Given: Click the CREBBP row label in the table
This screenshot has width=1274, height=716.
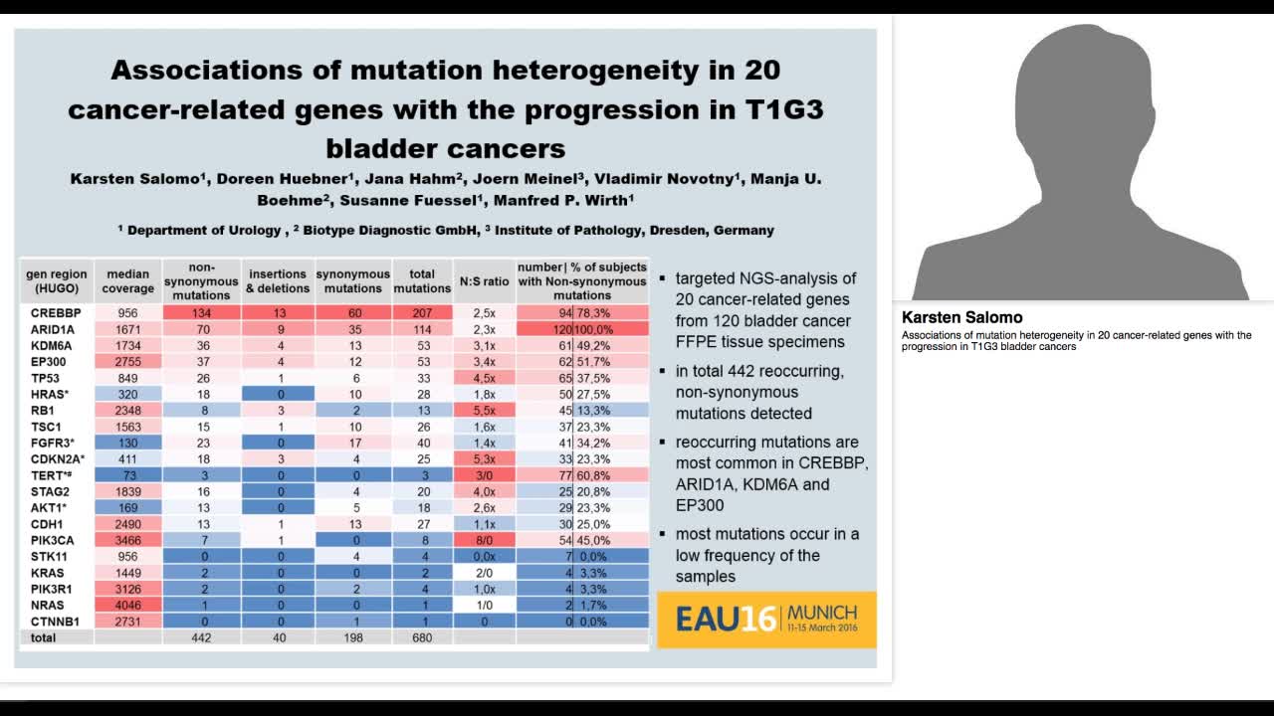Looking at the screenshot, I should [x=46, y=312].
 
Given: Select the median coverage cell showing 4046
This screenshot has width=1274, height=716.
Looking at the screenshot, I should [x=127, y=605].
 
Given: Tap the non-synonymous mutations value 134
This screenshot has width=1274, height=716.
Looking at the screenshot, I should [x=202, y=312].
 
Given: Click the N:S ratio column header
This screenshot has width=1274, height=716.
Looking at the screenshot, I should [x=484, y=281].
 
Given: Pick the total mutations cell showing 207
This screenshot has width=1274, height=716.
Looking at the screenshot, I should [x=422, y=312].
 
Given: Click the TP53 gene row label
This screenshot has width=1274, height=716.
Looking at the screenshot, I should [x=42, y=379].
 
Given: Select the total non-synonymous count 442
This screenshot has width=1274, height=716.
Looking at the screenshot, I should [x=202, y=637].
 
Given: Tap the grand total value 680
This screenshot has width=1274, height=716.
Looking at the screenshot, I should [x=422, y=637].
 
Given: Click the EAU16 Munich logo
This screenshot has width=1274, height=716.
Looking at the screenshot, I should [x=766, y=619].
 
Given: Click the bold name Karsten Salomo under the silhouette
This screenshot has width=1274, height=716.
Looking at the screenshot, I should [x=961, y=318].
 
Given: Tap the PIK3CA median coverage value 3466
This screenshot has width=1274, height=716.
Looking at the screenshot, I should [x=127, y=538].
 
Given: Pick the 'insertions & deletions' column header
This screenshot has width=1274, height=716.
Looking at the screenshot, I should [x=278, y=281].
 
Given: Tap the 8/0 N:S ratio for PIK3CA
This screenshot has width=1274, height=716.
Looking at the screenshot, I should [x=484, y=538].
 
